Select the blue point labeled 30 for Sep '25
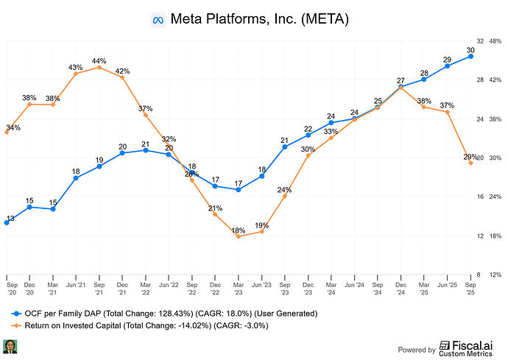point(470,56)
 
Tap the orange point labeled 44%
point(99,67)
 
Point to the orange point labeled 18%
point(239,236)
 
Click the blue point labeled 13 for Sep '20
point(7,222)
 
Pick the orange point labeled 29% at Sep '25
point(470,163)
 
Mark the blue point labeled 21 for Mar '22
point(146,150)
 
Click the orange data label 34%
point(13,127)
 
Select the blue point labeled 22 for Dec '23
point(308,135)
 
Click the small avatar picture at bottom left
point(10,346)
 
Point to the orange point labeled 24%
point(285,196)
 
